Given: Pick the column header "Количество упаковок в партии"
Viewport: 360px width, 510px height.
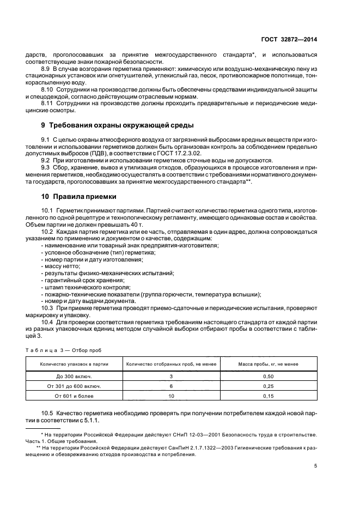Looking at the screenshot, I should pos(74,364).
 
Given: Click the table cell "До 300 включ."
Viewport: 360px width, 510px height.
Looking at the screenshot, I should pos(74,377).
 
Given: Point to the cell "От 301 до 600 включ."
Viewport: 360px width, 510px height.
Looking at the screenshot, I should pos(74,386).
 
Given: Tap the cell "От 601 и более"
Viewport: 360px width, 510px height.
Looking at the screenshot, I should pos(74,396).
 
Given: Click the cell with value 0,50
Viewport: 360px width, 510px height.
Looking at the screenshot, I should pos(268,377).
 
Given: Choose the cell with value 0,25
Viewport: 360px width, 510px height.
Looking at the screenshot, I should pos(268,386).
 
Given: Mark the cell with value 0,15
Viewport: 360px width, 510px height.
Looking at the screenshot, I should pos(268,396).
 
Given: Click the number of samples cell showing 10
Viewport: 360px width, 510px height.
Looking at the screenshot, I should pos(171,396).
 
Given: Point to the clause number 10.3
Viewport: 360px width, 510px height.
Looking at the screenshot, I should pos(47,307).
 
